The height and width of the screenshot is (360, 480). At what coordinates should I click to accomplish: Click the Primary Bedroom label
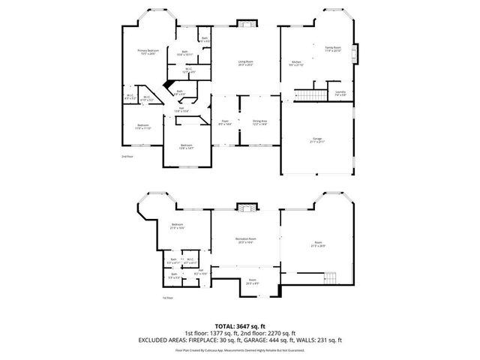coord(148,52)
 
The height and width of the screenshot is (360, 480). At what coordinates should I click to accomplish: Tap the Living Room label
coord(245,63)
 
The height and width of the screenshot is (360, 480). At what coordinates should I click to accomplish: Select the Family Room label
coord(332,49)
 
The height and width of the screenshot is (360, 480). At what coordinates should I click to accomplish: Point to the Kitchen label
coord(296,63)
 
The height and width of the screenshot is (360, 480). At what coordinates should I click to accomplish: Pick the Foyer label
coord(225,121)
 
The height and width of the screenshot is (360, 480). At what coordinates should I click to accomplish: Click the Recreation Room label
coord(246,240)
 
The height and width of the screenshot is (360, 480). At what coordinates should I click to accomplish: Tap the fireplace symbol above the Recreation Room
coord(245,206)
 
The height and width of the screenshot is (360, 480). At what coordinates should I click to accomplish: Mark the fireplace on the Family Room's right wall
coord(355,56)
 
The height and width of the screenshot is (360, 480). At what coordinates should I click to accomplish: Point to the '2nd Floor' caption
coord(127,156)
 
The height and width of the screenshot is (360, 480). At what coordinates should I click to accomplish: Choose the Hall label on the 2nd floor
coord(181,109)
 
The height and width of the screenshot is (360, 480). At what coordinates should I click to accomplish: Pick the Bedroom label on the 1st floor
coord(178,226)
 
